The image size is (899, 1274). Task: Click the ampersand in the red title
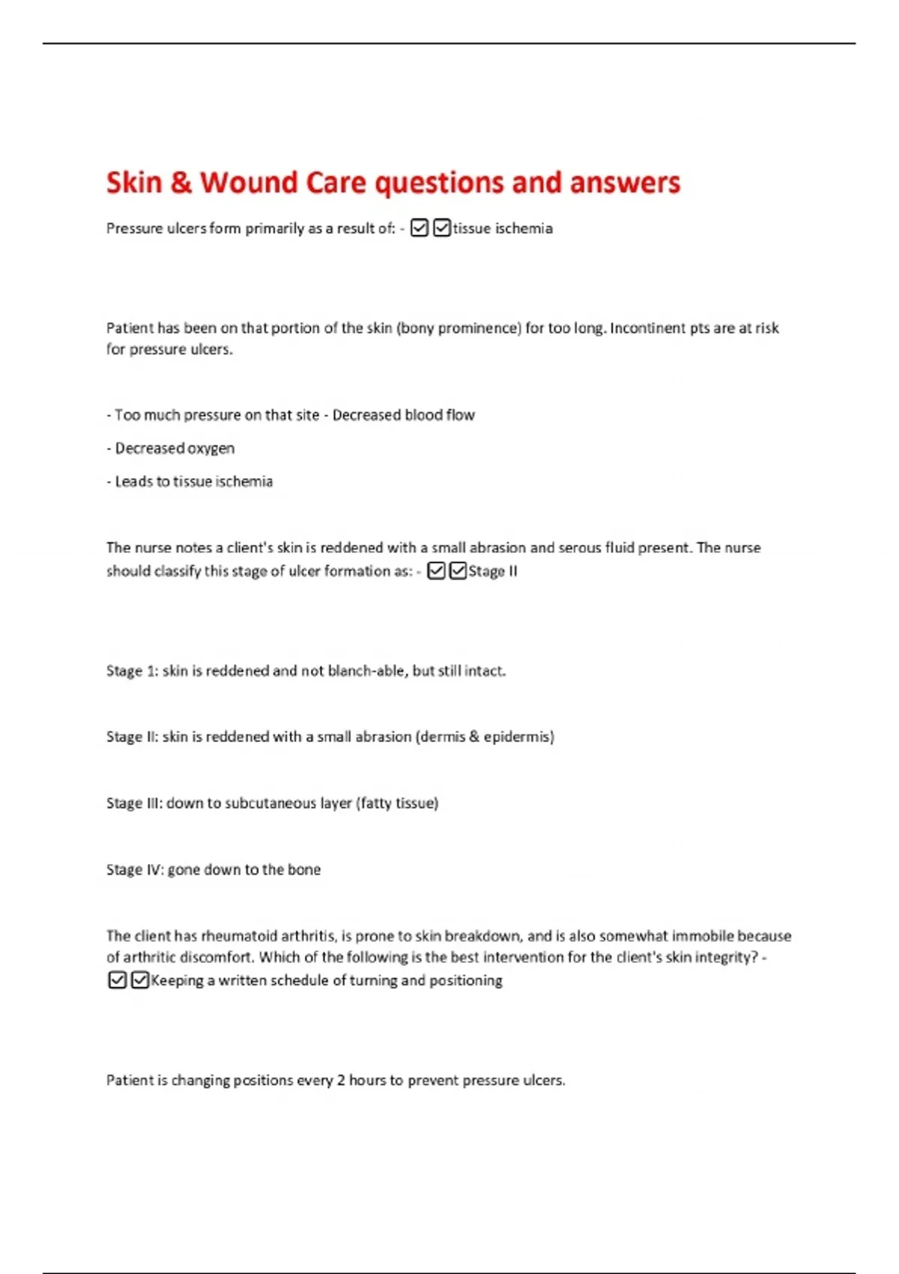pyautogui.click(x=181, y=183)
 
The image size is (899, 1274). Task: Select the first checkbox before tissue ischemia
pyautogui.click(x=420, y=228)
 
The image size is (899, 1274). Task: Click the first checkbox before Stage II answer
pyautogui.click(x=436, y=571)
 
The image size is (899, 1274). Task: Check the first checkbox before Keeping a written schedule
pyautogui.click(x=118, y=980)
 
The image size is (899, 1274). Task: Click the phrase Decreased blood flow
pyautogui.click(x=403, y=415)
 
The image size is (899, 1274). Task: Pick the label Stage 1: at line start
pyautogui.click(x=132, y=671)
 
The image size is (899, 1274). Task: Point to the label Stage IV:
pyautogui.click(x=135, y=869)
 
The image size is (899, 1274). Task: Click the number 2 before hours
pyautogui.click(x=341, y=1081)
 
